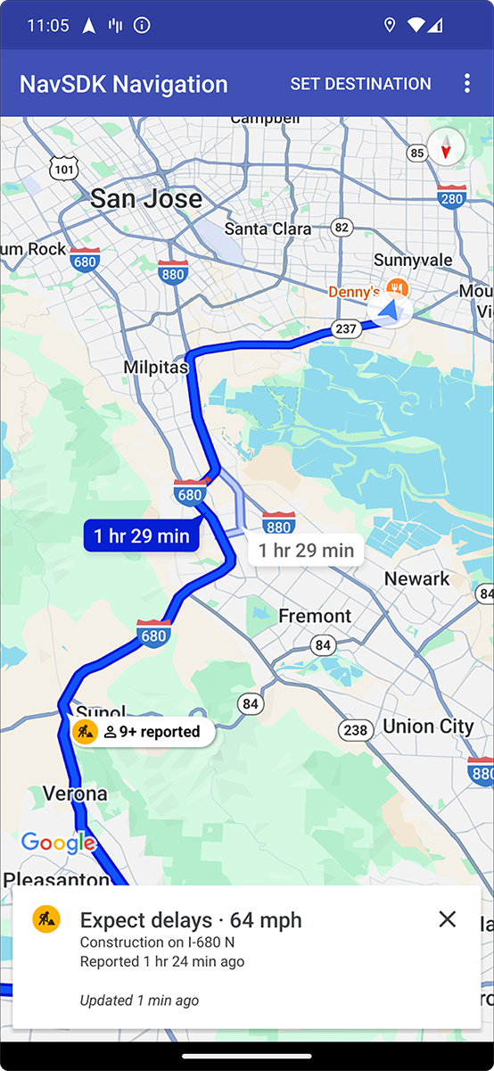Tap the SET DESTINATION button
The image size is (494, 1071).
pos(360,84)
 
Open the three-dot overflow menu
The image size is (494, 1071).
pos(466,84)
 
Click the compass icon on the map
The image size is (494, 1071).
pos(446,146)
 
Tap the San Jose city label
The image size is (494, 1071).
pos(146,198)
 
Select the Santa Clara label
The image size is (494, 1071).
pos(268,228)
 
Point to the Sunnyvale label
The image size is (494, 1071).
pos(413,260)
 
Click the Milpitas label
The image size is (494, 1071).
pos(156,367)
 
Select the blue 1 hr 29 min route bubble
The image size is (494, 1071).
pos(141,535)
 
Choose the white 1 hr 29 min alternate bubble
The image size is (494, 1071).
pos(306,550)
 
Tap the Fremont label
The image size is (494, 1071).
pos(315,616)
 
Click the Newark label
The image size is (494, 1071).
pos(416,578)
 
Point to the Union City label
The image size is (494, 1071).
pos(428,726)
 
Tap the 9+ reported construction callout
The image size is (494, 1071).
pos(143,732)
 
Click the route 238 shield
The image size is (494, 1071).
pos(355,730)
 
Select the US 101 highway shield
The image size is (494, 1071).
pos(64,167)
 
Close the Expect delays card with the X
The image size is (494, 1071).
pos(448,919)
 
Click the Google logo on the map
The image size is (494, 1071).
pos(58,842)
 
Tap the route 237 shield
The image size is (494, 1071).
pos(345,329)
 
